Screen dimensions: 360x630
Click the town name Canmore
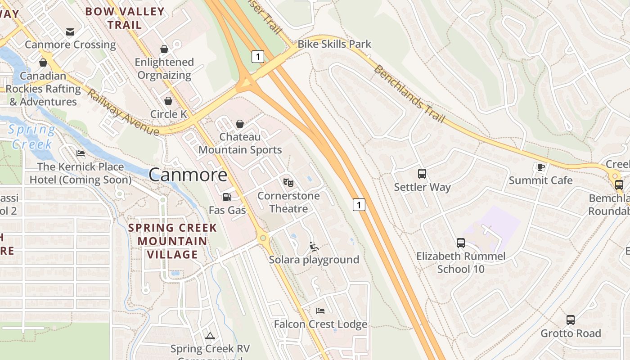(x=188, y=175)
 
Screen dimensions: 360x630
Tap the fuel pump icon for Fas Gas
(x=227, y=197)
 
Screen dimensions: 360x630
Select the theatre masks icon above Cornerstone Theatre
(x=288, y=182)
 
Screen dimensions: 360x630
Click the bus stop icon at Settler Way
(x=422, y=173)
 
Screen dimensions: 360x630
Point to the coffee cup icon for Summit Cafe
(x=540, y=167)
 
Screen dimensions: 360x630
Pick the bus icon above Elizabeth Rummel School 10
(x=461, y=243)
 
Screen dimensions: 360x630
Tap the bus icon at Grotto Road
(x=571, y=320)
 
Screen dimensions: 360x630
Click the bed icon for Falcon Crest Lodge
(x=320, y=310)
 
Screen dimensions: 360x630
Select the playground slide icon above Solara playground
(x=314, y=246)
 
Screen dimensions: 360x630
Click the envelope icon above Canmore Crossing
(x=70, y=31)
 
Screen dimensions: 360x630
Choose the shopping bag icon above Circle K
(x=168, y=101)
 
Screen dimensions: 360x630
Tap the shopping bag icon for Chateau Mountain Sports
(x=240, y=123)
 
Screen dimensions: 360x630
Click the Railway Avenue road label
(x=122, y=112)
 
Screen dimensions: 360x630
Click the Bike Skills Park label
(x=334, y=44)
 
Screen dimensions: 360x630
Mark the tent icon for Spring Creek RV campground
(x=210, y=336)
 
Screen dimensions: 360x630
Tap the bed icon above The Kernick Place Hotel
(x=81, y=153)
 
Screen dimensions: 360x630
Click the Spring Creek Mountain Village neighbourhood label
(x=173, y=241)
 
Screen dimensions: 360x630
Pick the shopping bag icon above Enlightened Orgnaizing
(x=164, y=49)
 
